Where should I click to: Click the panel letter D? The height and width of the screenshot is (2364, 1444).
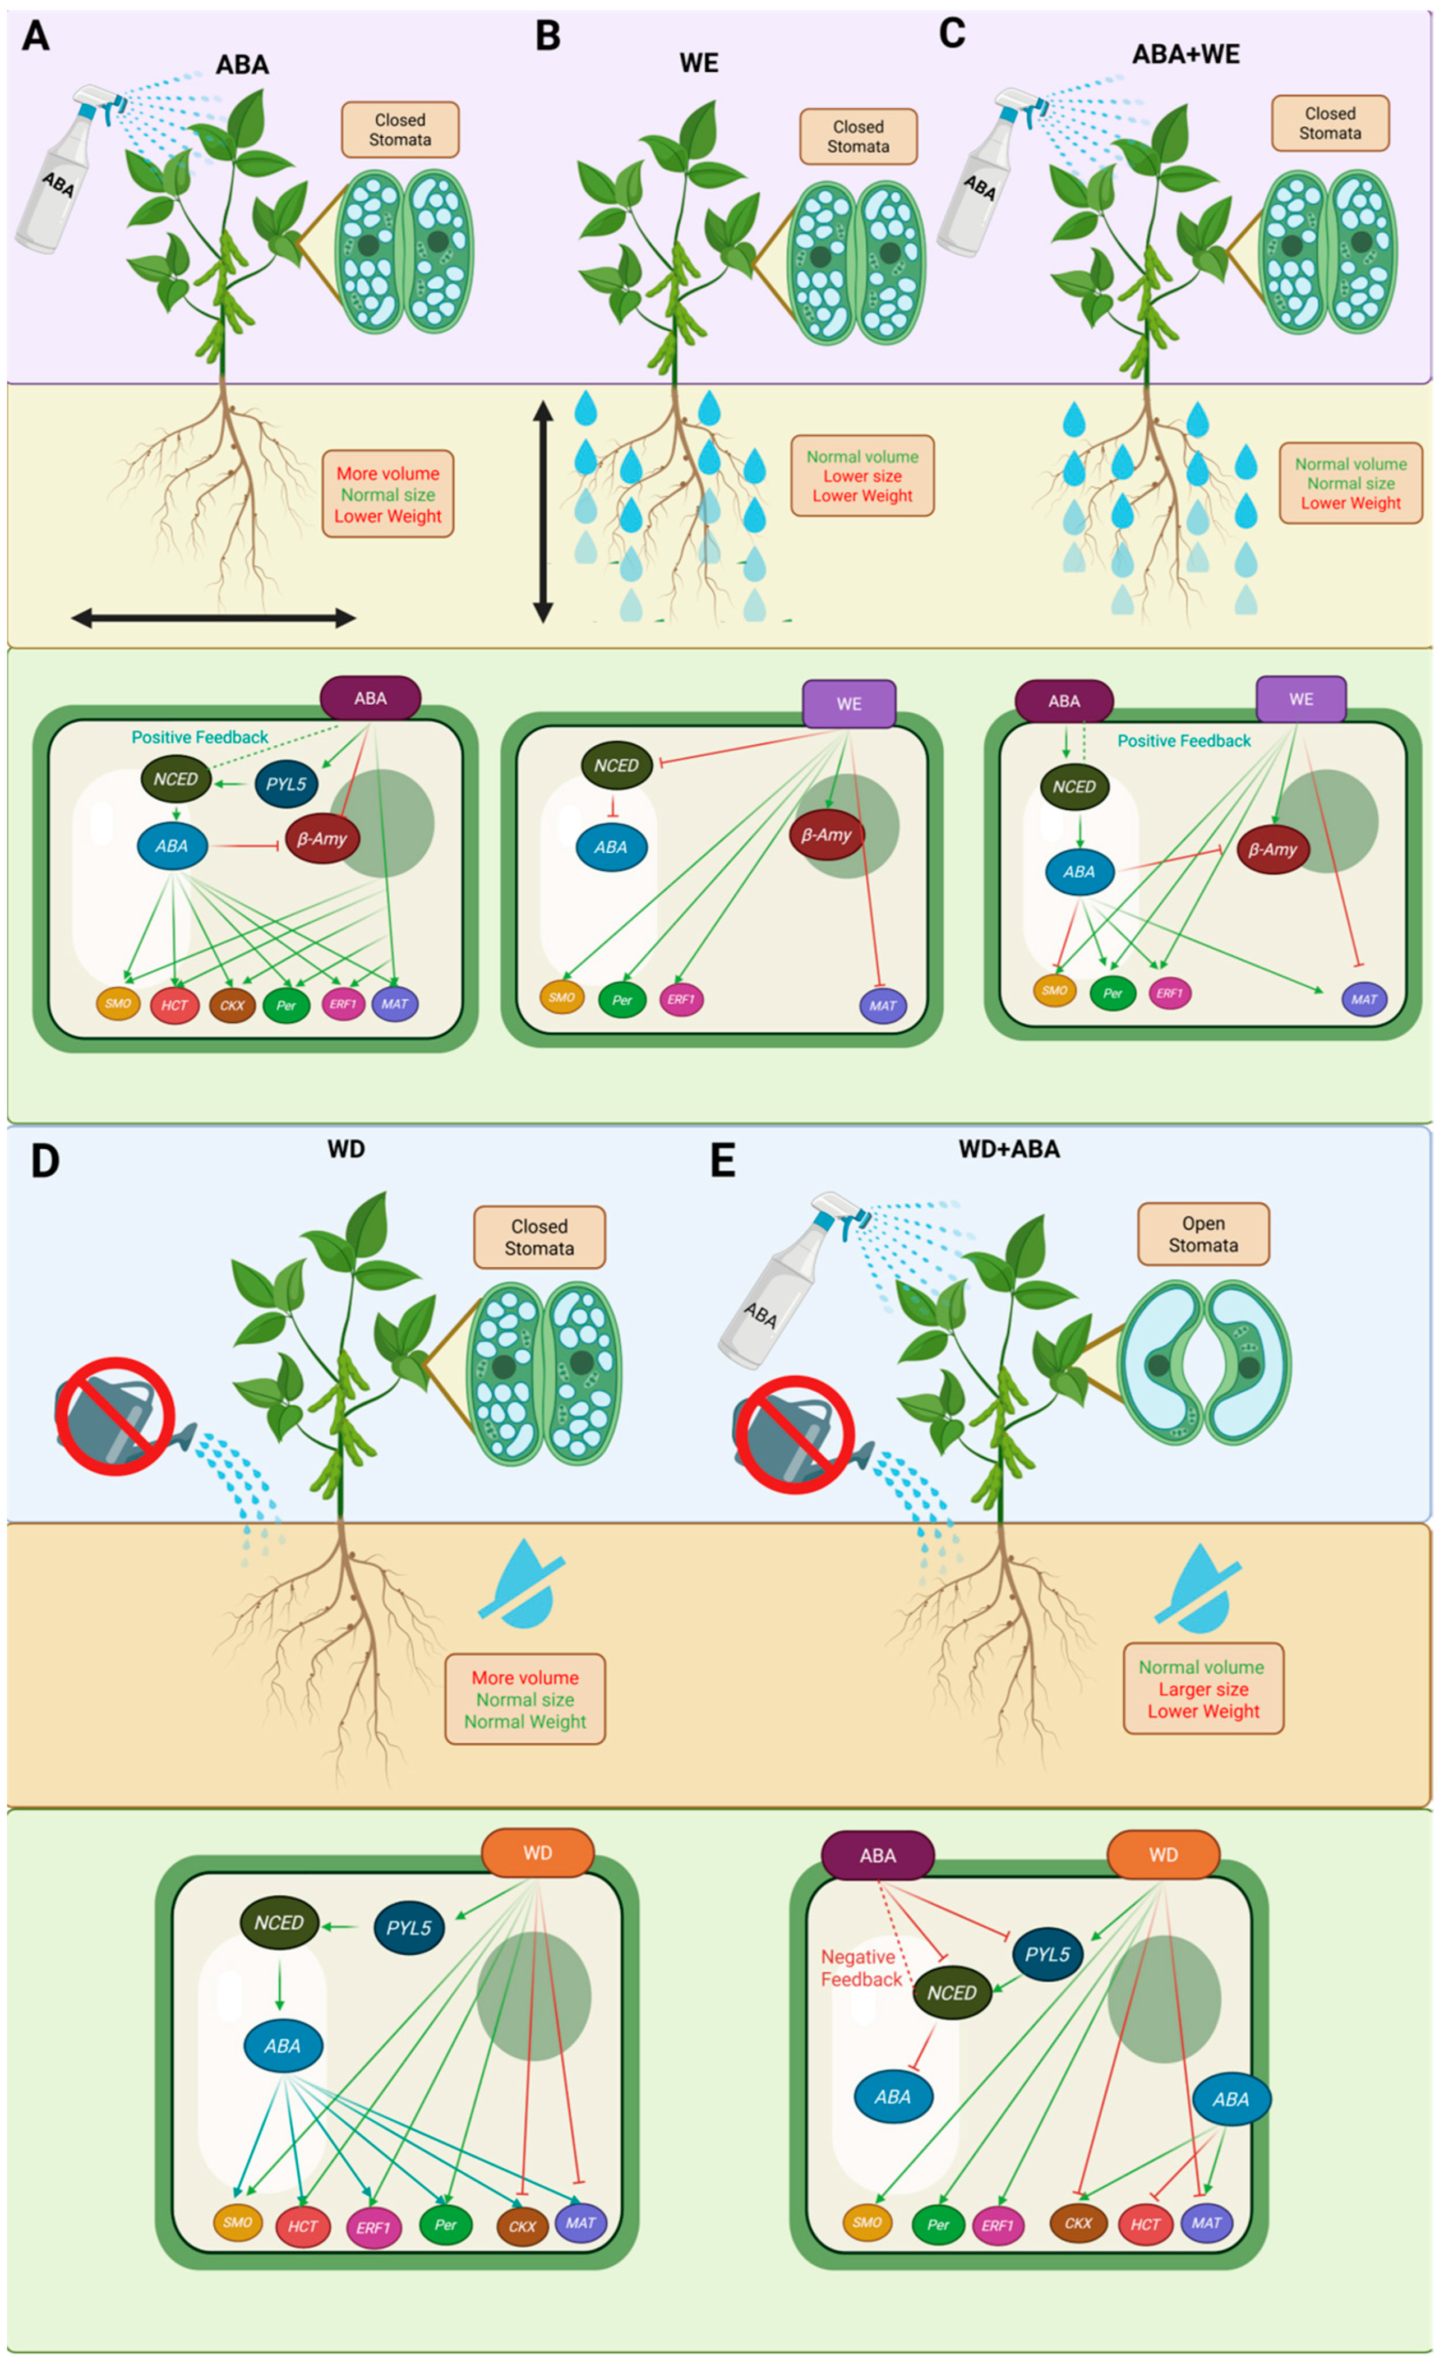coord(44,1160)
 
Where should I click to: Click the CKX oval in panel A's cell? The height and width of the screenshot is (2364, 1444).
coord(232,1005)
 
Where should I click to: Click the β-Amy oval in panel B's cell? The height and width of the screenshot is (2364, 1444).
coord(826,835)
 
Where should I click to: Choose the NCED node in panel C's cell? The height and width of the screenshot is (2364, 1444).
coord(1074,787)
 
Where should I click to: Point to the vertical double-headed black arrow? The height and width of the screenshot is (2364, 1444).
coord(543,511)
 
